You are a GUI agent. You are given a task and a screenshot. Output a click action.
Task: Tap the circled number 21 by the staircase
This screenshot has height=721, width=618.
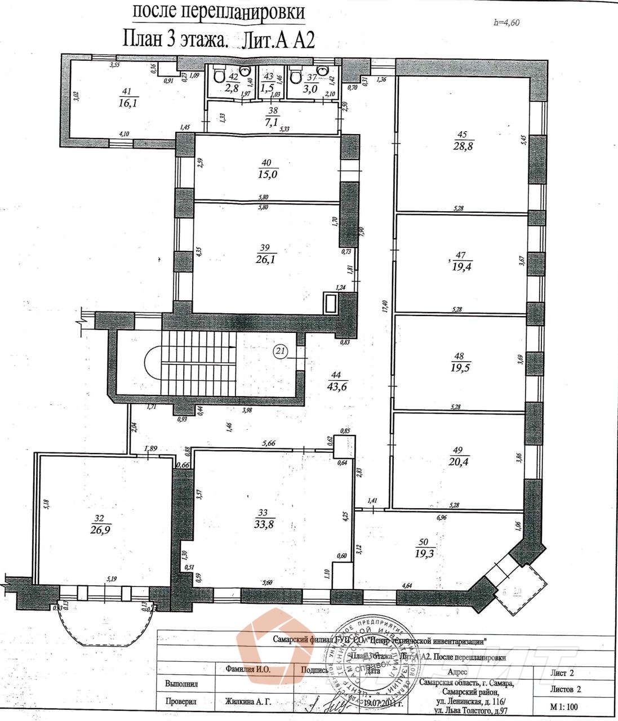[281, 351]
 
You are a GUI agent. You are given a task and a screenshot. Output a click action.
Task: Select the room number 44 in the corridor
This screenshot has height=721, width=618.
[337, 375]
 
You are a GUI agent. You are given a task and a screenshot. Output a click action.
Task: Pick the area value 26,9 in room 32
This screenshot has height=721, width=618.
[100, 528]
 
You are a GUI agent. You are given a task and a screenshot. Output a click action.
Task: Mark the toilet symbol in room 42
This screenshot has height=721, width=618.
[220, 76]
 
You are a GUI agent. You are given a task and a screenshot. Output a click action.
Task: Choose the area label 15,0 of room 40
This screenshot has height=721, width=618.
[267, 175]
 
